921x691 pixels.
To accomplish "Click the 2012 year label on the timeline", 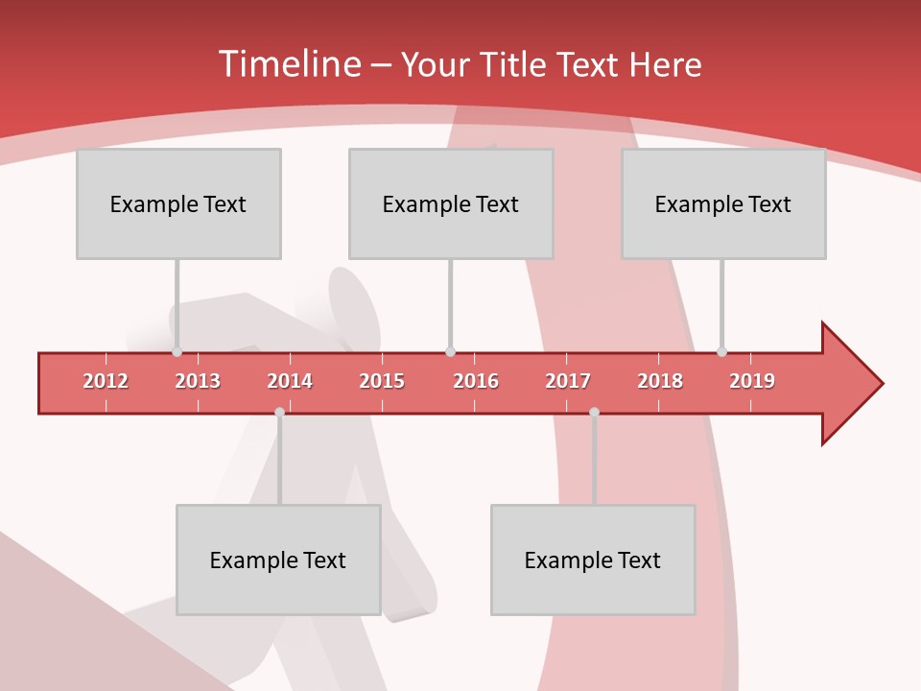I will pos(106,382).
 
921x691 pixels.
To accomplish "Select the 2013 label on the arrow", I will pos(198,382).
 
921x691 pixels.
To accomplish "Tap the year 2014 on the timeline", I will pos(290,382).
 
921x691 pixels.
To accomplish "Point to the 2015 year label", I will pos(382,382).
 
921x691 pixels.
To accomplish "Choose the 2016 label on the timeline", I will pos(476,382).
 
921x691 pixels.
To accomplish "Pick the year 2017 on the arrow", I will pos(568,382).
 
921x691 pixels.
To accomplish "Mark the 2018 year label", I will pos(660,382).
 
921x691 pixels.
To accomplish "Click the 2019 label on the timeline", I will pos(752,382).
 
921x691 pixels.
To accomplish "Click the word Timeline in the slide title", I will pos(288,64).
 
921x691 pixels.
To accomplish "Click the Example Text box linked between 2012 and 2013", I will pos(178,203).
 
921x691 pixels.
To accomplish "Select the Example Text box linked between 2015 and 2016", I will pos(451,203).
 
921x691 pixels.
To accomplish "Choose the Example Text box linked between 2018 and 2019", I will pos(723,203).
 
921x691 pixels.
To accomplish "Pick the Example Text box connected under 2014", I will pos(278,560).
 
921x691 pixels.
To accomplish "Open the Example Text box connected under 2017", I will pos(593,560).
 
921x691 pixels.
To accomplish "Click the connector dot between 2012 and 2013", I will pos(177,352).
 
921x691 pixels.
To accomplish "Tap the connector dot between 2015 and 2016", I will pos(450,352).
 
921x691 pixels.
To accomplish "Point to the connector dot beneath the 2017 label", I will pos(594,413).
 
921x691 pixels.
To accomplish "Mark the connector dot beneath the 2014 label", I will pos(279,413).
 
